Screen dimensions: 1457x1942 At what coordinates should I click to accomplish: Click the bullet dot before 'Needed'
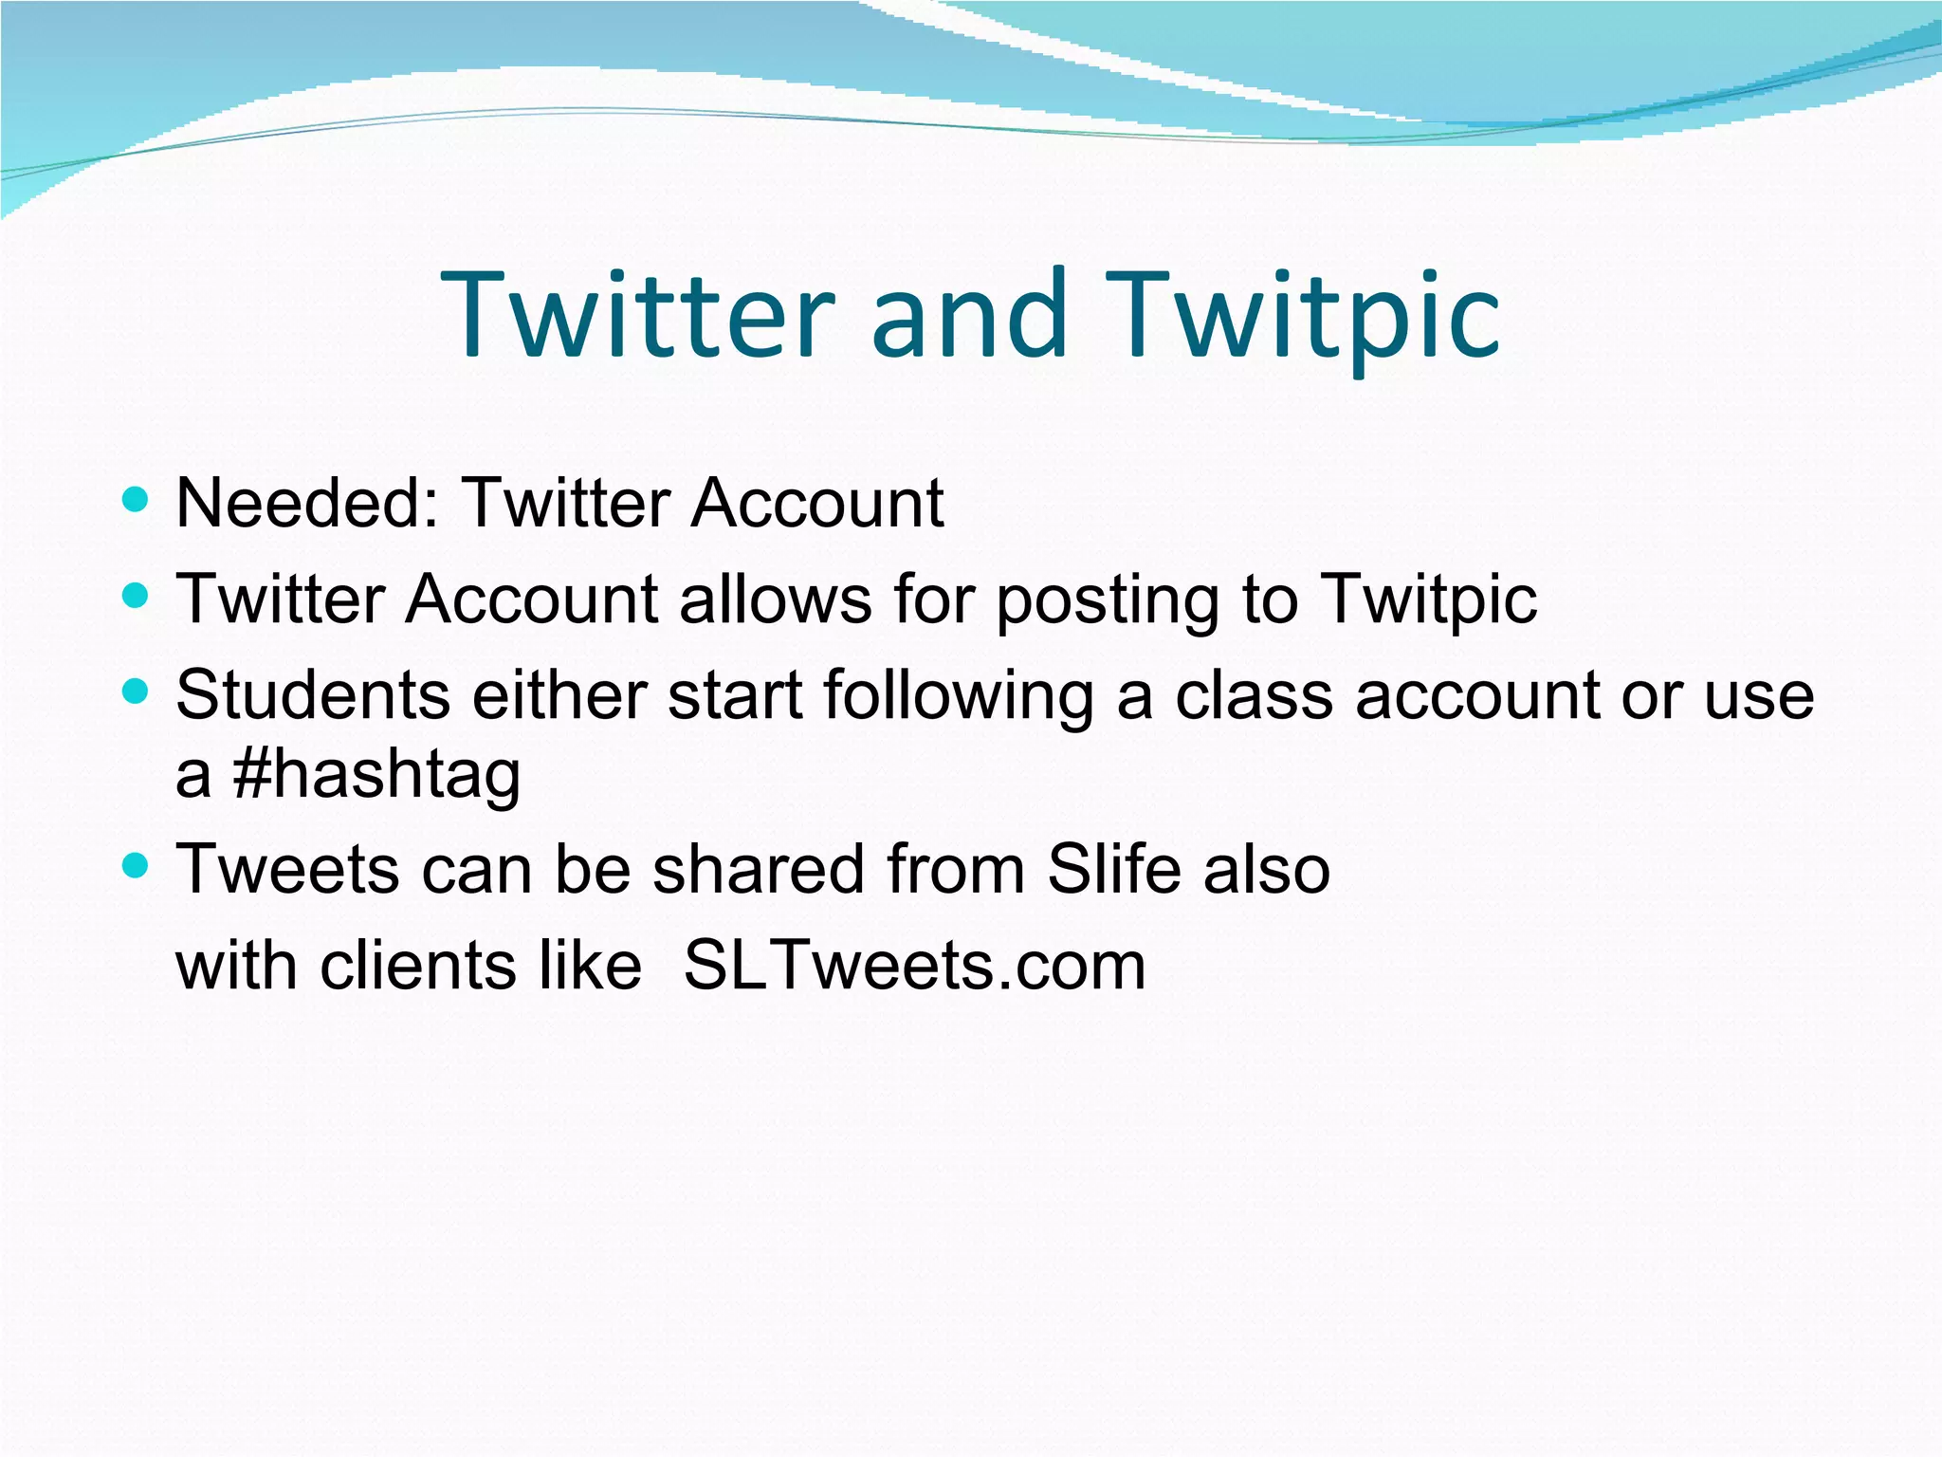point(137,499)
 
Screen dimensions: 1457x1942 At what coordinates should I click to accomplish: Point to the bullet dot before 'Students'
point(137,692)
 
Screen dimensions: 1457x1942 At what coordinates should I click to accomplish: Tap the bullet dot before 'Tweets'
point(137,865)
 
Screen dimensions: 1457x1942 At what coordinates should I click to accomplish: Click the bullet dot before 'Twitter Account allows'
point(137,596)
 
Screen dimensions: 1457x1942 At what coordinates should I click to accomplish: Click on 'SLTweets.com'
point(914,966)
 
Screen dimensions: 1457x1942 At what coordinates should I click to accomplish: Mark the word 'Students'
point(313,695)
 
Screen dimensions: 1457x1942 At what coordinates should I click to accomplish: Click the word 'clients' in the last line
point(417,966)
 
